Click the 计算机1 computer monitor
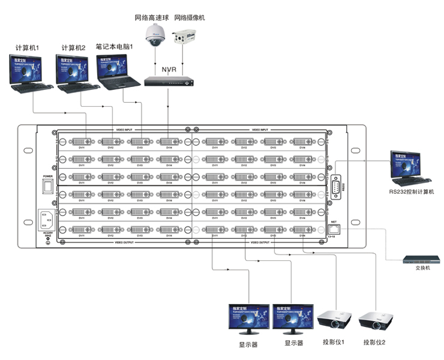[25, 71]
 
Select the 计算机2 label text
[73, 47]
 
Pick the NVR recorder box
[170, 82]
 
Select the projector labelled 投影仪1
[334, 319]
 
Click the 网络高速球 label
[151, 18]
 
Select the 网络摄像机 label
[189, 18]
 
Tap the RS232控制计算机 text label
[410, 192]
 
